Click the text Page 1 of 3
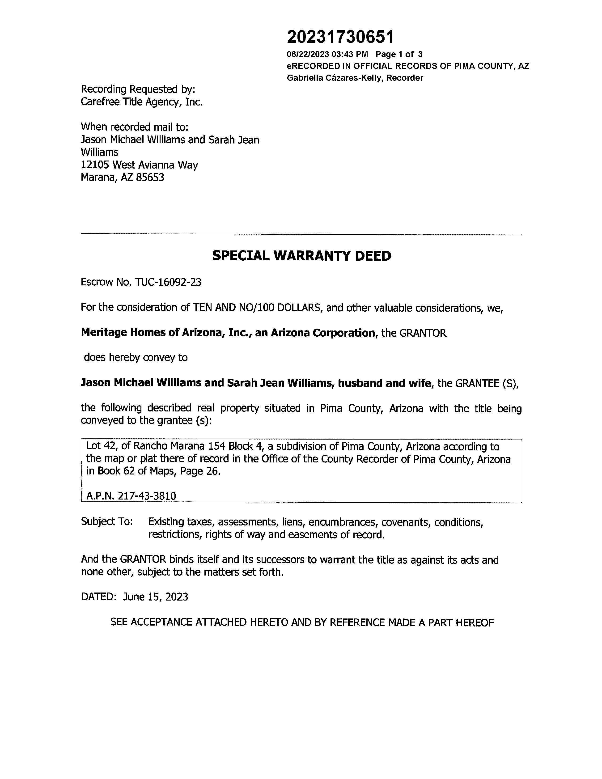click(x=399, y=54)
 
